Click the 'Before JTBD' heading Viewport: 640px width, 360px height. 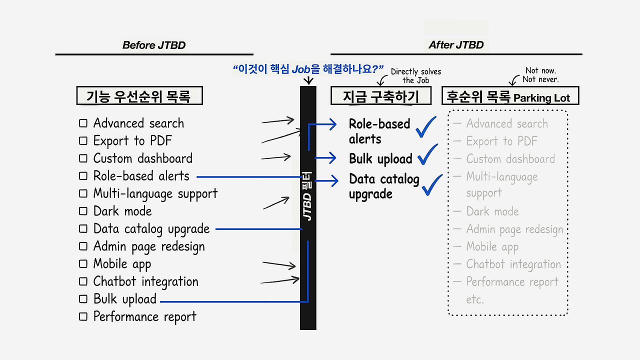pos(154,45)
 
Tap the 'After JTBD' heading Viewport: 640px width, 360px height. pos(456,45)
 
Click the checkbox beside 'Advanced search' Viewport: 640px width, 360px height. pos(83,123)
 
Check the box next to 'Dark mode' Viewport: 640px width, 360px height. pos(83,211)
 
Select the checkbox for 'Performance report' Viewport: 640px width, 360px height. pos(83,316)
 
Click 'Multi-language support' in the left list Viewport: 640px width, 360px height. pos(155,193)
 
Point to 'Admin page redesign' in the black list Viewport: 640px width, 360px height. pos(148,246)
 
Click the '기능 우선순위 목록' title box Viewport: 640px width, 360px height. pos(139,95)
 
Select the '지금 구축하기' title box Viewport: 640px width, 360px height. pos(380,95)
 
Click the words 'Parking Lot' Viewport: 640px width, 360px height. pos(542,98)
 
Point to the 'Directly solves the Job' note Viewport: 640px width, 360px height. pos(416,76)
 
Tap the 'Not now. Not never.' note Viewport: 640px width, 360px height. pos(540,75)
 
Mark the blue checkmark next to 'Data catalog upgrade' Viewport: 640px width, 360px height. pos(432,184)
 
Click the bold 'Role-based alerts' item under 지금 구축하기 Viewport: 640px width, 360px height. pos(379,131)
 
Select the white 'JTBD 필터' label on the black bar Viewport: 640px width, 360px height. pos(307,196)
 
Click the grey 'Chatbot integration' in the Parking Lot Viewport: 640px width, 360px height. pos(513,264)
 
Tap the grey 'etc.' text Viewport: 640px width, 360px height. pos(475,299)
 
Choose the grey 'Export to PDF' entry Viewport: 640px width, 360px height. pos(501,141)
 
